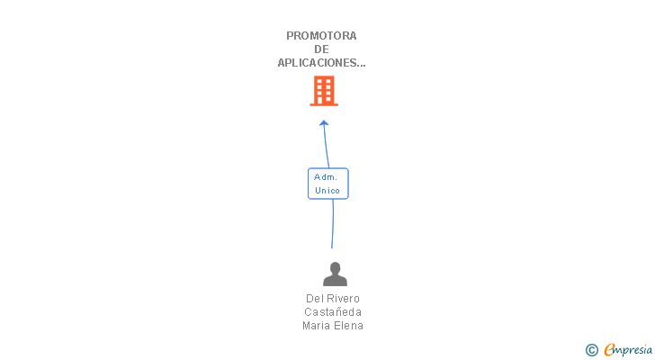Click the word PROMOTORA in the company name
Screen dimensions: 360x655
[321, 36]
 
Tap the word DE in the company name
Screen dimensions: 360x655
[322, 49]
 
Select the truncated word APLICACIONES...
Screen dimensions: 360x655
[321, 63]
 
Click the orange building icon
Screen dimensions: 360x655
[324, 91]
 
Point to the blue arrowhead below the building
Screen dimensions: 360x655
[324, 124]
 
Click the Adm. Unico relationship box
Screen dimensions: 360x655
[327, 184]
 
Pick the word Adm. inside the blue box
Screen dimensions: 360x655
[326, 177]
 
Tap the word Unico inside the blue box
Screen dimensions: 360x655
[327, 191]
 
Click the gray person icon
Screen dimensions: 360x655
[335, 274]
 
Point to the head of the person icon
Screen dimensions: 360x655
[335, 267]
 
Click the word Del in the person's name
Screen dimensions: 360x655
[314, 299]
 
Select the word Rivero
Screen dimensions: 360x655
[344, 299]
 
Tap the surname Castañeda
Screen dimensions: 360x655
[333, 312]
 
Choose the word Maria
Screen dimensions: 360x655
[317, 326]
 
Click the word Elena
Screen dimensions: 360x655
[349, 326]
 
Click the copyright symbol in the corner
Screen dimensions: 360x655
[591, 350]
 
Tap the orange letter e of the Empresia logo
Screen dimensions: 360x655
[609, 350]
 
